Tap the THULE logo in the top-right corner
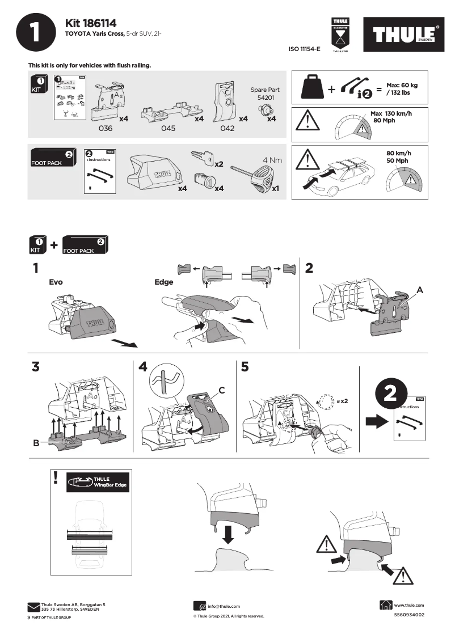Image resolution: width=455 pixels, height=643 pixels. pyautogui.click(x=404, y=34)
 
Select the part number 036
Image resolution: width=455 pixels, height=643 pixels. pyautogui.click(x=106, y=128)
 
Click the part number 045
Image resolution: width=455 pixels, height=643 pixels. pyautogui.click(x=168, y=128)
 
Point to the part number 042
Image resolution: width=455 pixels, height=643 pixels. pyautogui.click(x=227, y=128)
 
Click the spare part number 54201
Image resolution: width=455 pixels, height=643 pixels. pyautogui.click(x=264, y=98)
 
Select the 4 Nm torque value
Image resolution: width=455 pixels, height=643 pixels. pyautogui.click(x=272, y=160)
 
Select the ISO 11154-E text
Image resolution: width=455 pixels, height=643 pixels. pyautogui.click(x=305, y=49)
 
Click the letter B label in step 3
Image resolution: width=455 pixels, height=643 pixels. pyautogui.click(x=36, y=443)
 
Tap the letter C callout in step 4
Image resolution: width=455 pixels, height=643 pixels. pyautogui.click(x=222, y=390)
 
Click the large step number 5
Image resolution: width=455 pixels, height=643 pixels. pyautogui.click(x=245, y=367)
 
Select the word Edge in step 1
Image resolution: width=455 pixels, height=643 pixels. pyautogui.click(x=164, y=282)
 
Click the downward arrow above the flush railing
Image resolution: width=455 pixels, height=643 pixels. pyautogui.click(x=227, y=533)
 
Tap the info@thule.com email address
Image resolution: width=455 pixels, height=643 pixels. pyautogui.click(x=224, y=606)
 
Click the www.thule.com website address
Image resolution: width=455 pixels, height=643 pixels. pyautogui.click(x=408, y=606)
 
